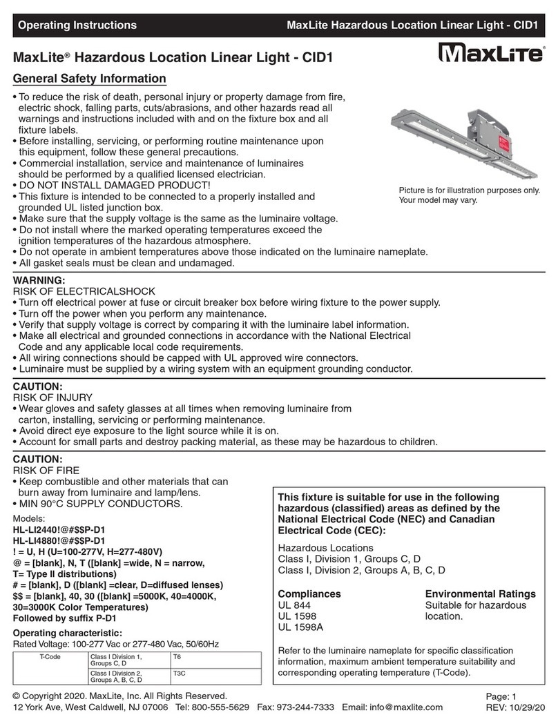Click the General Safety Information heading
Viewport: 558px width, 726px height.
pos(90,79)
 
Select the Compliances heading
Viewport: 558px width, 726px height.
pos(309,593)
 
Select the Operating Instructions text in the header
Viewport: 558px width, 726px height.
pos(77,26)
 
